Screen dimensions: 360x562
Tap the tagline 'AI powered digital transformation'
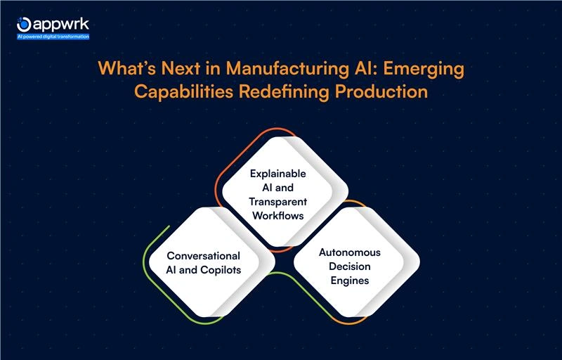pos(53,36)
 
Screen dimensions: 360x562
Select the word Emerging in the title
pos(426,72)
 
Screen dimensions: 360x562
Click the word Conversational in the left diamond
pos(203,255)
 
